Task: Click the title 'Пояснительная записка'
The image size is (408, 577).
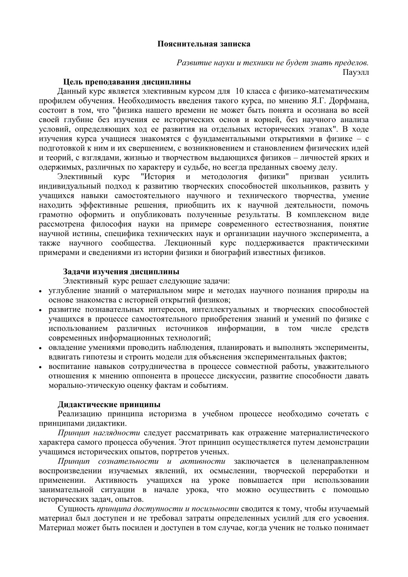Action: point(204,43)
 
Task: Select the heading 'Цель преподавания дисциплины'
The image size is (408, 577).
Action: point(127,82)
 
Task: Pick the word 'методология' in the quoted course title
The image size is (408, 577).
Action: point(224,177)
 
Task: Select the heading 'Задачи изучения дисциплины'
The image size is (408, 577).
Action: point(121,272)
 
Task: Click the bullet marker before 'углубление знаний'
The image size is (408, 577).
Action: point(41,292)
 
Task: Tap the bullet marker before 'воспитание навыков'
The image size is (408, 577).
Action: point(41,367)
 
